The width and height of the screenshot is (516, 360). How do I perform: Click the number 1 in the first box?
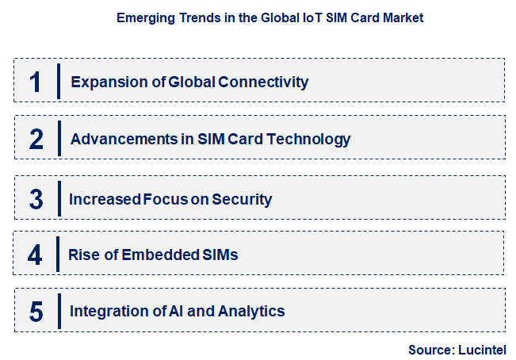(35, 82)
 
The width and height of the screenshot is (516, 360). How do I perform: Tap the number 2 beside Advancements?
(36, 140)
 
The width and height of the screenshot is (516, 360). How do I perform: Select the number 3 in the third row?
(36, 198)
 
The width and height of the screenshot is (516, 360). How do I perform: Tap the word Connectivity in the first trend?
(266, 82)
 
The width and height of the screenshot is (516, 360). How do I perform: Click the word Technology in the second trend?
(308, 140)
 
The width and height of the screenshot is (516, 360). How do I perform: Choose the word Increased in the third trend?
(105, 199)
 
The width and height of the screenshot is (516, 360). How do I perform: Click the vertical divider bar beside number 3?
(59, 197)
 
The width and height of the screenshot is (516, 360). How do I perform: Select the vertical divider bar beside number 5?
(59, 311)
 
